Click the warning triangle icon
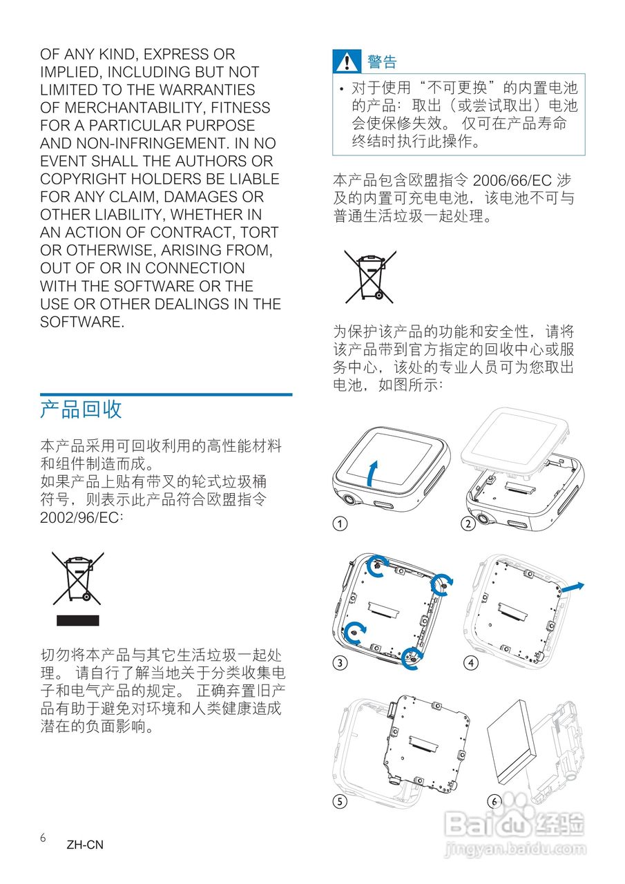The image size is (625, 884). tap(347, 61)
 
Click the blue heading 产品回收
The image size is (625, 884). tap(81, 409)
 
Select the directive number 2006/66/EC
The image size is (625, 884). tap(512, 180)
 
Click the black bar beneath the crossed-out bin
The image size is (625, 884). tap(78, 621)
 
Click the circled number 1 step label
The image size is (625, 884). tap(340, 523)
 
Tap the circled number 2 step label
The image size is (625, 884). tap(468, 523)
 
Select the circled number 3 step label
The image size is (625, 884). tap(340, 662)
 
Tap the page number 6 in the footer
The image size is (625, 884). tap(43, 838)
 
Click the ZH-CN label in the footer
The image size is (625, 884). tap(85, 845)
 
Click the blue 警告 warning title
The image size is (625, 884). tap(382, 61)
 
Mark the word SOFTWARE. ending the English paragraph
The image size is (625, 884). tap(82, 322)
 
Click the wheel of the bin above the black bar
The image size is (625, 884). tap(86, 597)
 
